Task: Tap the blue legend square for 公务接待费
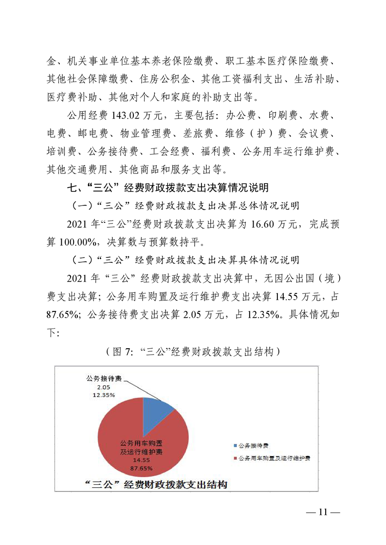(236, 445)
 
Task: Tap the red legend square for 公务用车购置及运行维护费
(236, 458)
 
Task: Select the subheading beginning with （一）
(185, 206)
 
